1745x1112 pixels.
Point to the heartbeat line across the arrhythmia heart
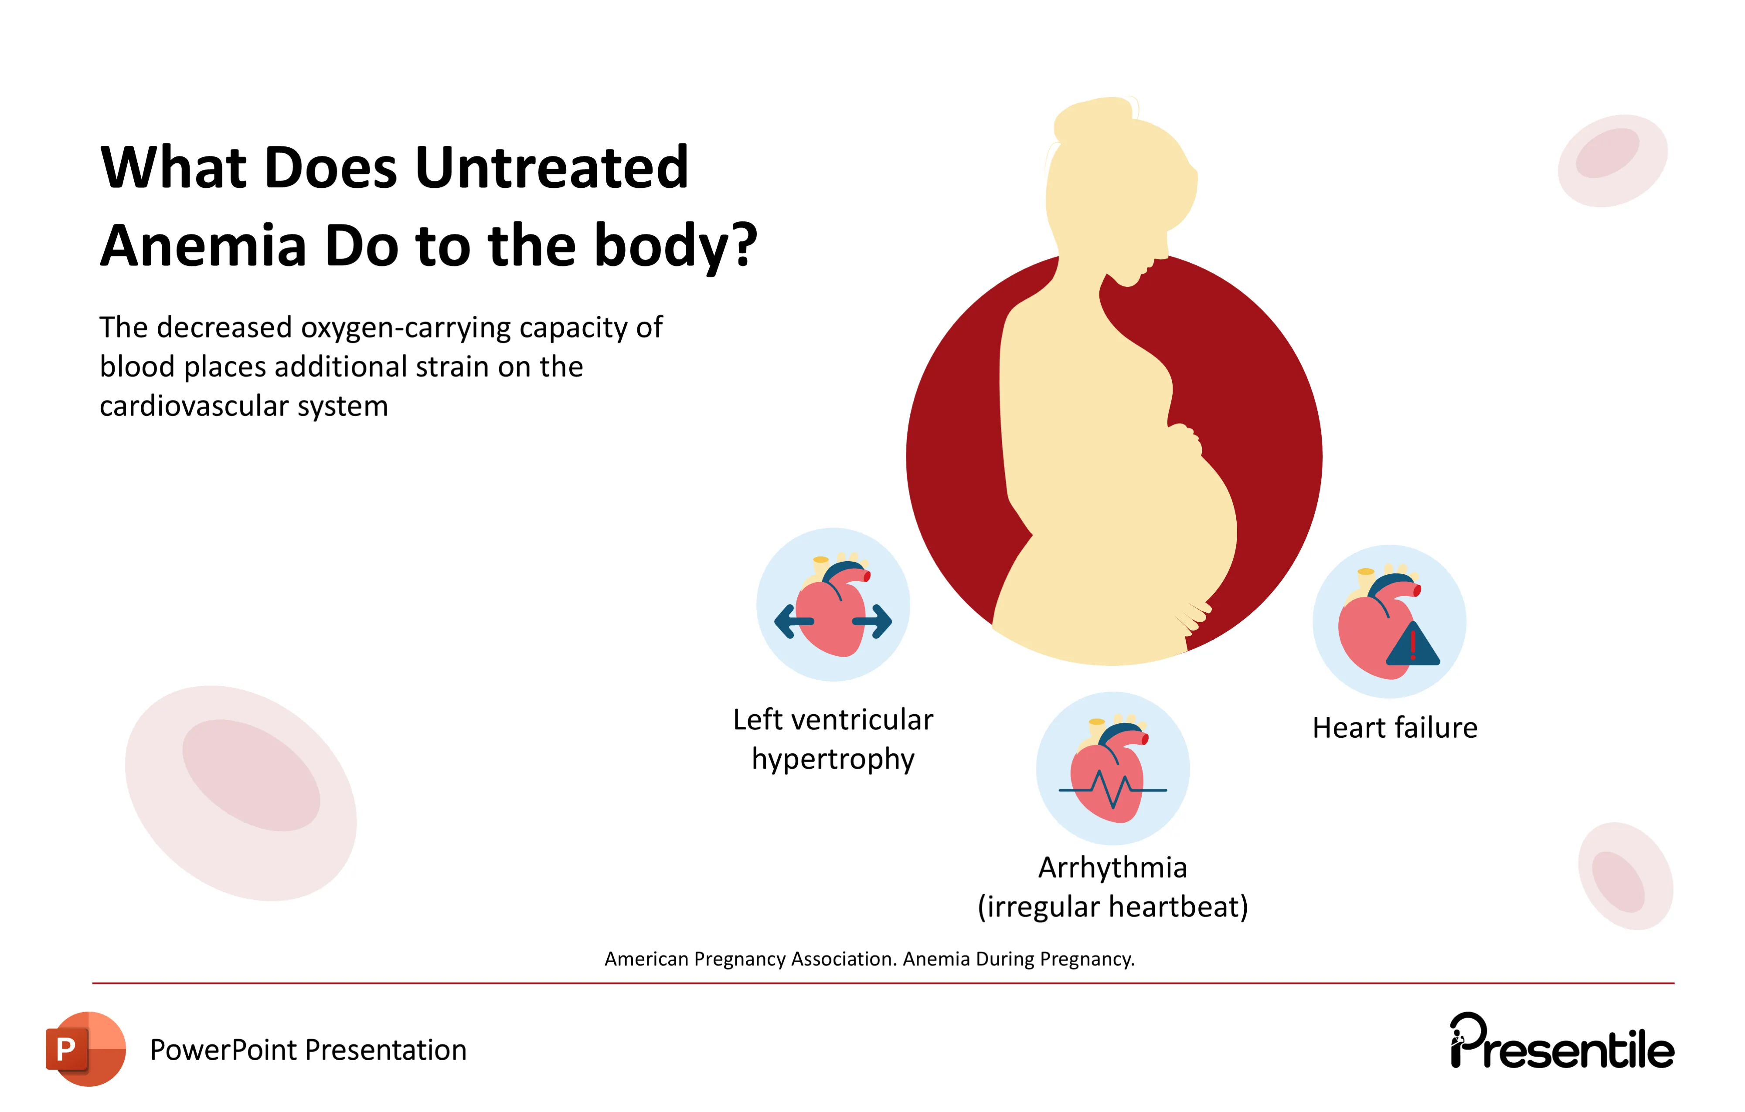pyautogui.click(x=1112, y=789)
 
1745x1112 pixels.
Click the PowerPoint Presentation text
pyautogui.click(x=308, y=1051)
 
